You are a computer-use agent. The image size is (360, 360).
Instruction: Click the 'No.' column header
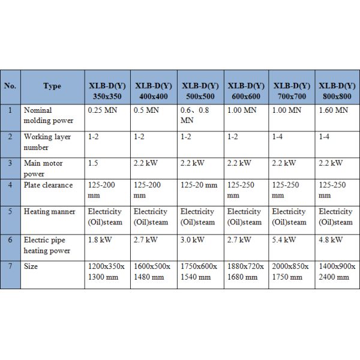point(10,86)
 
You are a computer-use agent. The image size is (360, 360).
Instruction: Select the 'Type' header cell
point(52,86)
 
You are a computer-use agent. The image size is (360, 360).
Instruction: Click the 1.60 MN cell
point(333,110)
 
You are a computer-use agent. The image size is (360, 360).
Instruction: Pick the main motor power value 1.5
point(94,163)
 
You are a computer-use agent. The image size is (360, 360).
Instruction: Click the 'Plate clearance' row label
point(48,185)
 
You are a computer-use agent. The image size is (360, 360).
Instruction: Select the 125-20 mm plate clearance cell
point(199,185)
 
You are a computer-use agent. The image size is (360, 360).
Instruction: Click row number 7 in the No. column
point(10,266)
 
